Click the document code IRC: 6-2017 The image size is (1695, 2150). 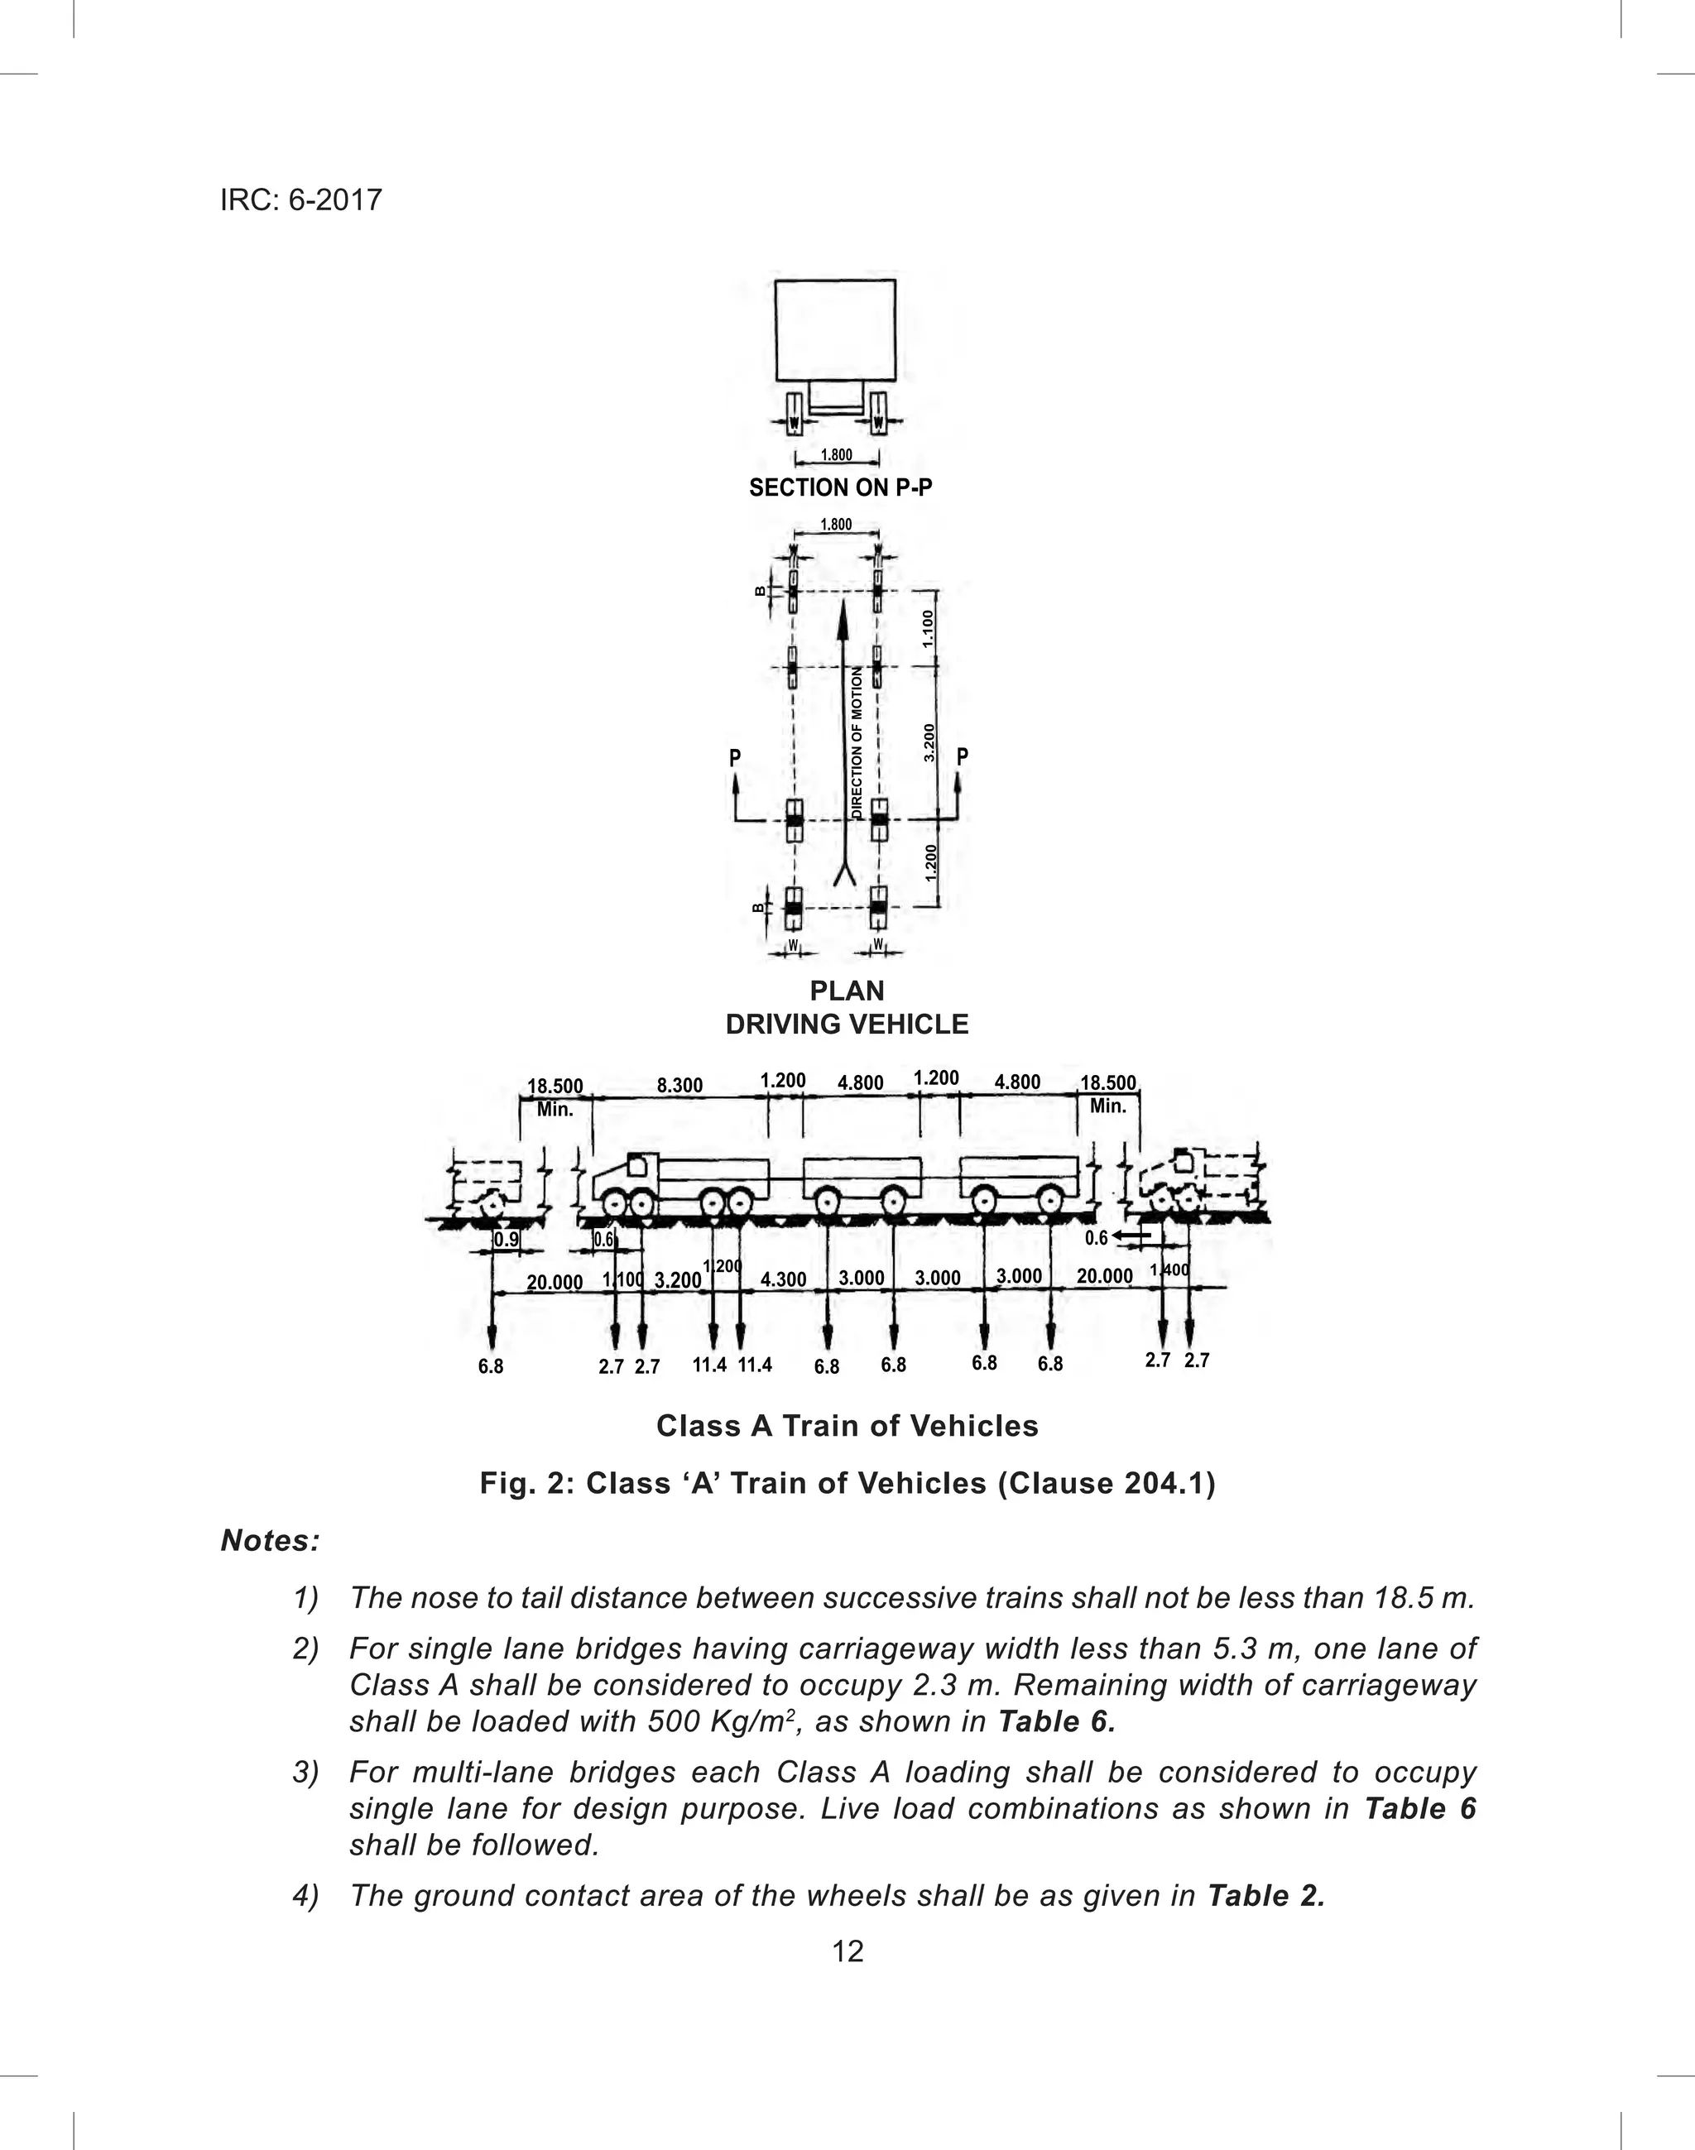pyautogui.click(x=300, y=200)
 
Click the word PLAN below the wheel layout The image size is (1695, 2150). pyautogui.click(x=847, y=990)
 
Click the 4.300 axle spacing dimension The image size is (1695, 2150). pyautogui.click(x=783, y=1280)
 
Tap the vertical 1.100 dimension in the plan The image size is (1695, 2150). pyautogui.click(x=928, y=629)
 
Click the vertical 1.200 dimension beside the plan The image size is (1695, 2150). pyautogui.click(x=930, y=862)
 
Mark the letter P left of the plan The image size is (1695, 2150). pyautogui.click(x=736, y=758)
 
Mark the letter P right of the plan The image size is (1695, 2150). pyautogui.click(x=962, y=757)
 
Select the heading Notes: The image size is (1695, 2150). pyautogui.click(x=270, y=1541)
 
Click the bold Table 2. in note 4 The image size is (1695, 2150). pyautogui.click(x=1266, y=1896)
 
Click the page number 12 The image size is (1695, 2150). pyautogui.click(x=847, y=1951)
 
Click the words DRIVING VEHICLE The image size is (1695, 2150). pyautogui.click(x=847, y=1024)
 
